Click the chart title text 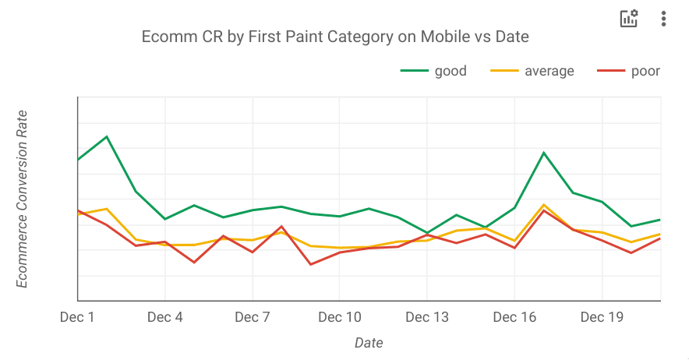coord(335,37)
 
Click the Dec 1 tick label coord(77,317)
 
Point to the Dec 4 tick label coord(164,317)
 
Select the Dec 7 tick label coord(252,317)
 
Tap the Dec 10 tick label coord(339,317)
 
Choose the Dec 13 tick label coord(427,317)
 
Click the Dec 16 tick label coord(514,317)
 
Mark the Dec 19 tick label coord(602,317)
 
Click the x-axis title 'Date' coord(369,343)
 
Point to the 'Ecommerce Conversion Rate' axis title coord(23,199)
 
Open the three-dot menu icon coord(663,19)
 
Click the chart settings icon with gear coord(628,19)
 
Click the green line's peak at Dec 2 coord(107,136)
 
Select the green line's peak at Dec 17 coord(543,153)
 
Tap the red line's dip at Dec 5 coord(194,262)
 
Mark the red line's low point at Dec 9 coord(310,264)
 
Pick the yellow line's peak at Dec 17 coord(543,204)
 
